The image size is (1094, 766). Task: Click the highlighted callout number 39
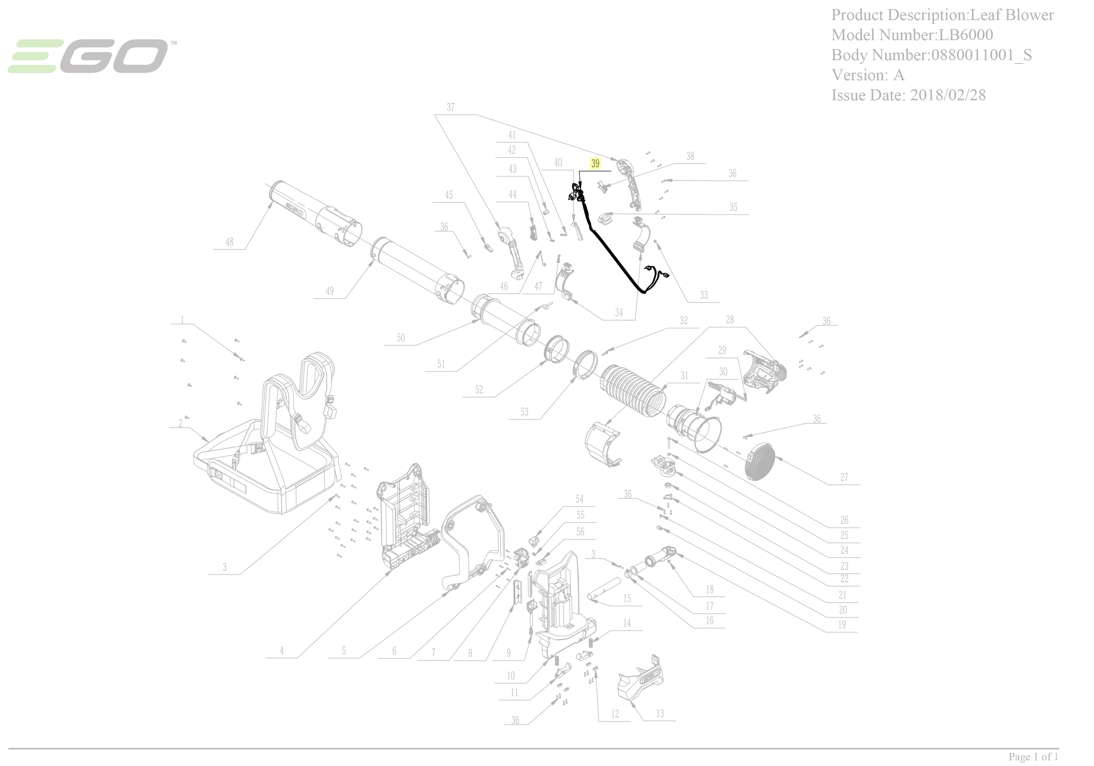click(595, 163)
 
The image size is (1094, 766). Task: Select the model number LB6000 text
click(966, 35)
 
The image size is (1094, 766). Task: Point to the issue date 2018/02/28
click(948, 95)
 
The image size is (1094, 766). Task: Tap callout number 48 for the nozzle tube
click(230, 242)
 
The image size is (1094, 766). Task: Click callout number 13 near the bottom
click(660, 713)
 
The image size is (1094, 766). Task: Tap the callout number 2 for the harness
click(181, 423)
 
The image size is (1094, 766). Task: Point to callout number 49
click(330, 291)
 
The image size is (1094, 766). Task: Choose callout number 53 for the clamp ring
click(524, 412)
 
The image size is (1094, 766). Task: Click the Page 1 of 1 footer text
click(1033, 757)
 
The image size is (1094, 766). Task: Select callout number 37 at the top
click(450, 107)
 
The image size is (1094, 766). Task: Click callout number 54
click(579, 499)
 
